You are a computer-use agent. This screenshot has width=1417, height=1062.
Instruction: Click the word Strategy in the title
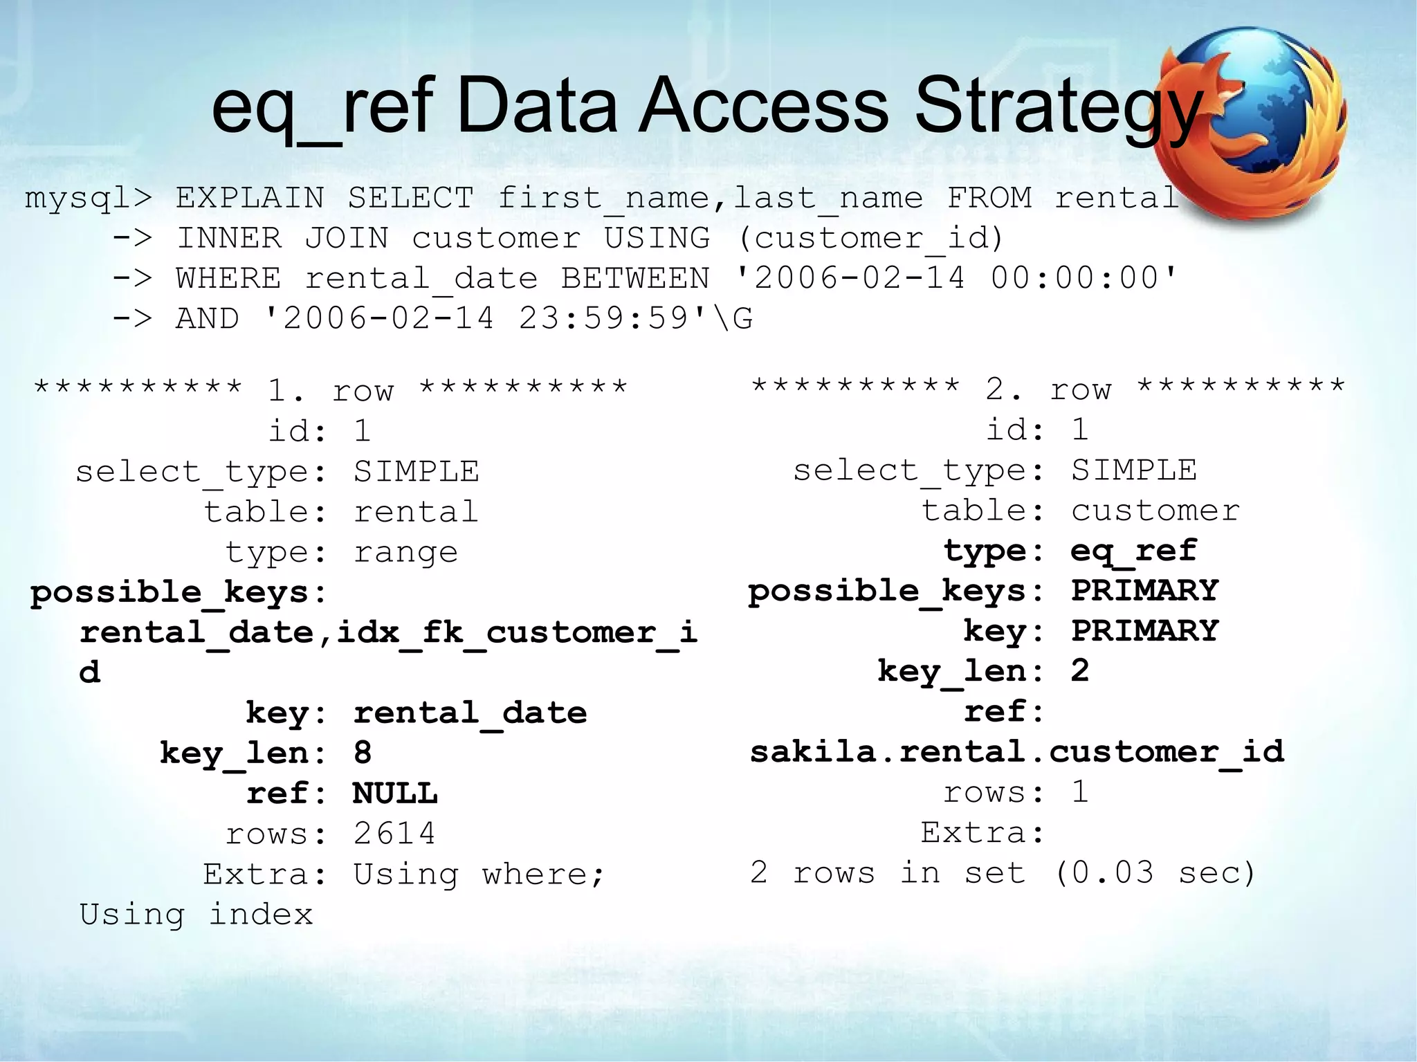[x=1059, y=107]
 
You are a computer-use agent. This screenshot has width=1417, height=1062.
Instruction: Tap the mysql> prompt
[x=88, y=199]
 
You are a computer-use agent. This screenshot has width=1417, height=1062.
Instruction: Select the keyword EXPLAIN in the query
[x=249, y=198]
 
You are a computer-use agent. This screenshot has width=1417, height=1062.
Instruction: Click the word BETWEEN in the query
[x=635, y=278]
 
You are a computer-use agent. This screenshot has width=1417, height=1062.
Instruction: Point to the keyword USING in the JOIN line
[x=657, y=238]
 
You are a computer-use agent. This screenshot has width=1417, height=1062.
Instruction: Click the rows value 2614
[x=394, y=833]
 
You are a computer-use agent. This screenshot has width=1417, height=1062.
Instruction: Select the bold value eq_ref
[x=1133, y=551]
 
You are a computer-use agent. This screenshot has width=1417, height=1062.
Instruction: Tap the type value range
[x=405, y=552]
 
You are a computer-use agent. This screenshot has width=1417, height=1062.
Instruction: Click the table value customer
[x=1155, y=511]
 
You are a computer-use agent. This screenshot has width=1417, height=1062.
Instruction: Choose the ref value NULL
[x=395, y=793]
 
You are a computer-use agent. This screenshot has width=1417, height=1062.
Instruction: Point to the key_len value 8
[x=363, y=752]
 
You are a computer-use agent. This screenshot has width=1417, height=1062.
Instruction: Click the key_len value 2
[x=1080, y=670]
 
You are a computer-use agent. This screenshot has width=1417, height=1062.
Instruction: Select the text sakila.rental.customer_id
[x=1017, y=751]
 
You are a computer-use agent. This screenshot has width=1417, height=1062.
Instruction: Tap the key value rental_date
[x=470, y=712]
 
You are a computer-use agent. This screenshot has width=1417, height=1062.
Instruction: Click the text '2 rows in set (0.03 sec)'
[x=1003, y=872]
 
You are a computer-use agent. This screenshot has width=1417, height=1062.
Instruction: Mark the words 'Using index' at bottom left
[x=196, y=914]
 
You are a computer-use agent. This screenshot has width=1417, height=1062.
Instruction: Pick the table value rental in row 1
[x=416, y=512]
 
